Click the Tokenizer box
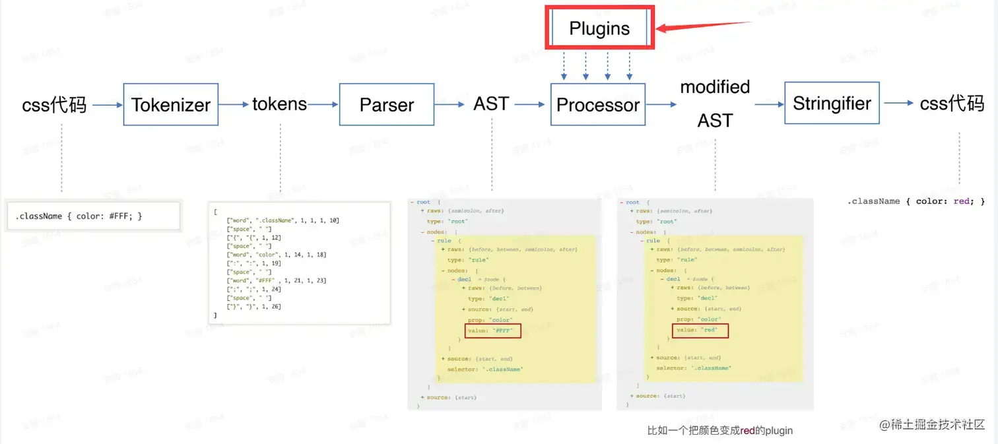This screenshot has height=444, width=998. pyautogui.click(x=171, y=104)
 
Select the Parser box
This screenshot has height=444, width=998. pyautogui.click(x=387, y=104)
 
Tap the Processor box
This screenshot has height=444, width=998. pyautogui.click(x=598, y=104)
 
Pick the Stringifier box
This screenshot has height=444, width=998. pyautogui.click(x=832, y=103)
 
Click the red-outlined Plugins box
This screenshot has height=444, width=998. pyautogui.click(x=599, y=28)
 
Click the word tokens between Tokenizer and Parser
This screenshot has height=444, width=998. pyautogui.click(x=279, y=104)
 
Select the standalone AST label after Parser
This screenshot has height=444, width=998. pyautogui.click(x=491, y=104)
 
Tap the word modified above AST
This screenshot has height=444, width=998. pyautogui.click(x=715, y=87)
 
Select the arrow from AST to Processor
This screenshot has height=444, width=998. pyautogui.click(x=531, y=104)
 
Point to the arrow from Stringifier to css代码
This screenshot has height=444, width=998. pyautogui.click(x=899, y=103)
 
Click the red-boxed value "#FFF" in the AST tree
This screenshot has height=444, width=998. pyautogui.click(x=493, y=331)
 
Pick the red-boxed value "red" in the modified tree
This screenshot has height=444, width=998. pyautogui.click(x=700, y=331)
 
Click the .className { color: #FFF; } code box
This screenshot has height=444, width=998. pyautogui.click(x=93, y=216)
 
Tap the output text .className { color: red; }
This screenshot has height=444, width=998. pyautogui.click(x=915, y=201)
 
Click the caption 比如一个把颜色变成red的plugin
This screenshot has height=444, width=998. pyautogui.click(x=719, y=431)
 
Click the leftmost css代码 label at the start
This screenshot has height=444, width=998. pyautogui.click(x=54, y=104)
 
